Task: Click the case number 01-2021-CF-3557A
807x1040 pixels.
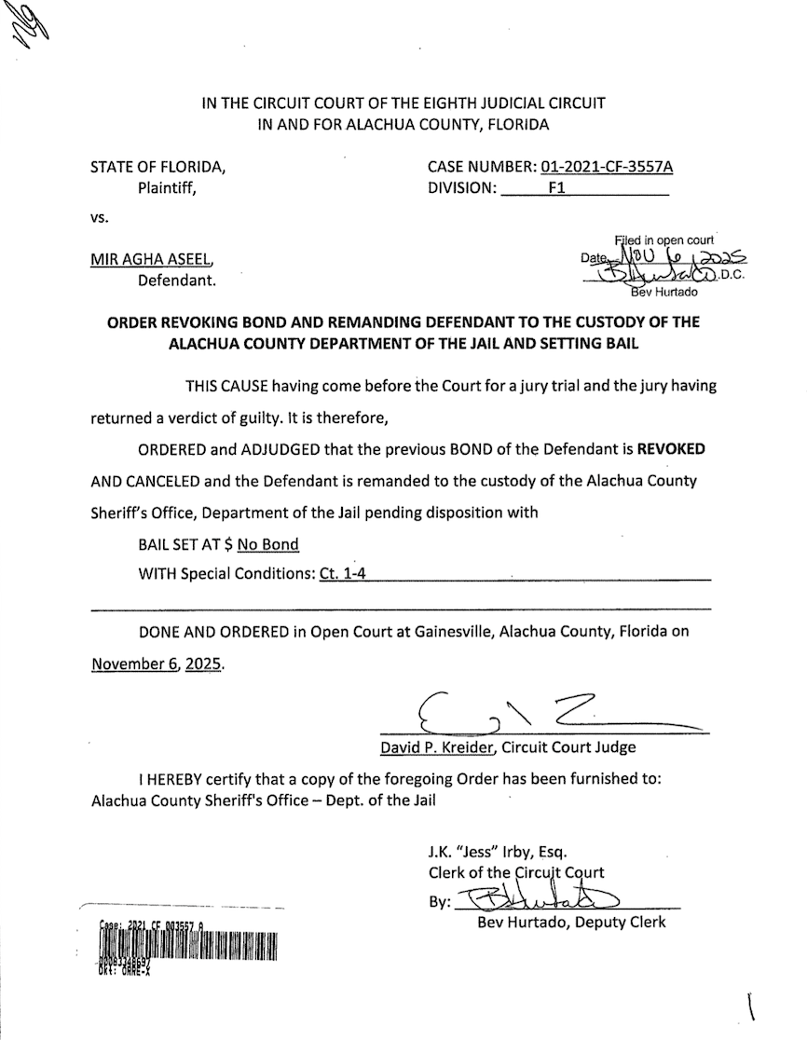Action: (x=606, y=168)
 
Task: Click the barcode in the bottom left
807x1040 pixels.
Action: (x=187, y=945)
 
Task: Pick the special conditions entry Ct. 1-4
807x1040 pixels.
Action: (x=342, y=573)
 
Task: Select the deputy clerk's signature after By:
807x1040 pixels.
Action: (x=540, y=900)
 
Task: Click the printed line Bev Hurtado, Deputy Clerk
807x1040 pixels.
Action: (x=571, y=923)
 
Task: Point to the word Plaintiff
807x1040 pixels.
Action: (x=169, y=187)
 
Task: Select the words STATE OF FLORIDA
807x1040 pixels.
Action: (x=157, y=168)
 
